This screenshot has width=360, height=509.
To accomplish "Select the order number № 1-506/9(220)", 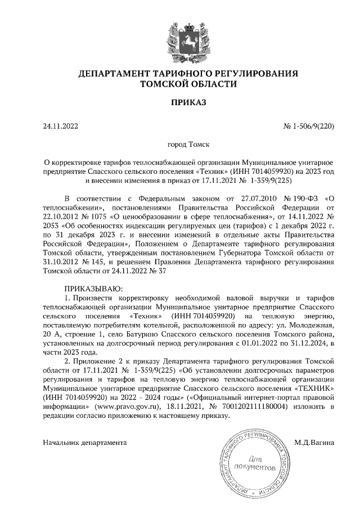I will [309, 127].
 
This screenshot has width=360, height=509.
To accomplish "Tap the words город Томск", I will [181, 145].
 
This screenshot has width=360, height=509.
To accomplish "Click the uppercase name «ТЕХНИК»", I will [314, 388].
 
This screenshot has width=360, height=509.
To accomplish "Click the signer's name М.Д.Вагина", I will [314, 443].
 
